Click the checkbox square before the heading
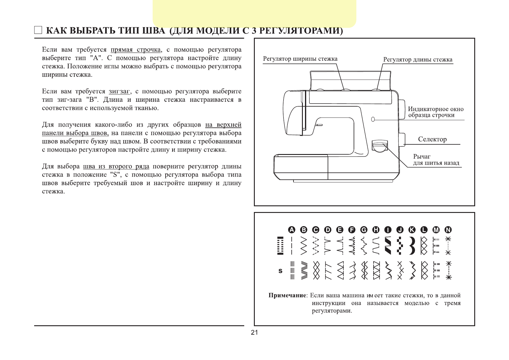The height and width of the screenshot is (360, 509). click(38, 30)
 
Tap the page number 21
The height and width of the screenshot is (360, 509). click(254, 333)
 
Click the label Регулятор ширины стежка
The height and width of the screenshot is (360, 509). click(300, 59)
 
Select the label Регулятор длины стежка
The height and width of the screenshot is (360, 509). click(418, 59)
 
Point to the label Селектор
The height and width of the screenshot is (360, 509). click(432, 139)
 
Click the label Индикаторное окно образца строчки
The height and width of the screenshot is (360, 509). click(435, 112)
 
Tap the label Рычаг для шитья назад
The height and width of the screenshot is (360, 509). click(436, 160)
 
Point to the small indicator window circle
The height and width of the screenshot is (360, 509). click(373, 119)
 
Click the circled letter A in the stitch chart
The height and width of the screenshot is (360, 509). click(292, 230)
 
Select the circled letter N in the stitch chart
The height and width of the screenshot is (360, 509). click(448, 230)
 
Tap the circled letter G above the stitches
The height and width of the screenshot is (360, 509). click(364, 230)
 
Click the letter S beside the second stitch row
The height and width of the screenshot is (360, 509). click(280, 271)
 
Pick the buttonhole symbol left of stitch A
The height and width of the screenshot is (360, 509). click(280, 246)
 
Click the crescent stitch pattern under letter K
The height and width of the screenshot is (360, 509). click(412, 246)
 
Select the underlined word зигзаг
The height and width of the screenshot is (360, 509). click(119, 92)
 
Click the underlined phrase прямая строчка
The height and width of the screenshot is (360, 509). click(136, 50)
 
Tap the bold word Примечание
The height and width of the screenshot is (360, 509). click(287, 295)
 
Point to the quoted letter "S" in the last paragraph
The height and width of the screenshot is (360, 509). click(116, 175)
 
